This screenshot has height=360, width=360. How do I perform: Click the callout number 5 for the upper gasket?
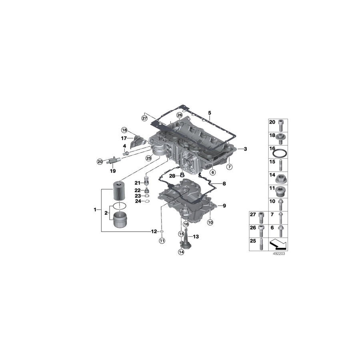pos(209,113)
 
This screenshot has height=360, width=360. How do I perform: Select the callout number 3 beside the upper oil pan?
pos(245,149)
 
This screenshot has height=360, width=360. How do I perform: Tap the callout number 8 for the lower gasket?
pos(224,184)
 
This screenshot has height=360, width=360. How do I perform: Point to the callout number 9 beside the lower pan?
pos(224,206)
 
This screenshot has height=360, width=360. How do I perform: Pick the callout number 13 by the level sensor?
pos(196,237)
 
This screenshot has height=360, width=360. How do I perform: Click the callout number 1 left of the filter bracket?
pos(95,210)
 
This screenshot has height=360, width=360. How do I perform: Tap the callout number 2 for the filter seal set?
pos(106,213)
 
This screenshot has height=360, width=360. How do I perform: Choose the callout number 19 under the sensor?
pos(113,171)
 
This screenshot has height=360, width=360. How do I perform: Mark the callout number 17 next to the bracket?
pos(124,138)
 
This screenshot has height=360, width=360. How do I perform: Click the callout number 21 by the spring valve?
pos(137,183)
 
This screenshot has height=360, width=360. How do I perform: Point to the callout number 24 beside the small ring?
pos(137,201)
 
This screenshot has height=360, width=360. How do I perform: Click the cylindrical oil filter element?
pos(120,191)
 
